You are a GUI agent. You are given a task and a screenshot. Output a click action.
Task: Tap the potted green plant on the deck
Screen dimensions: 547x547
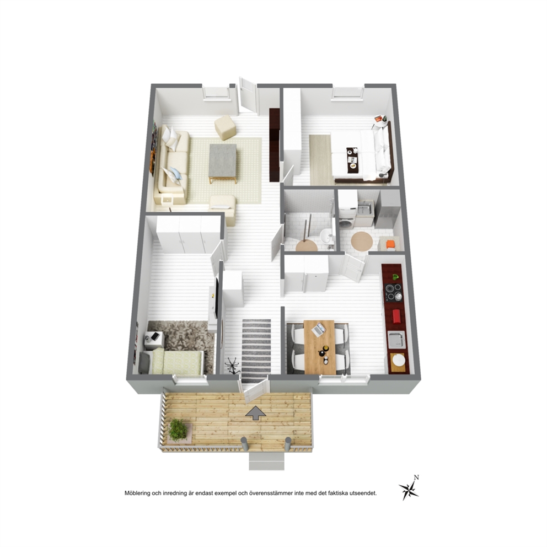pos(178,430)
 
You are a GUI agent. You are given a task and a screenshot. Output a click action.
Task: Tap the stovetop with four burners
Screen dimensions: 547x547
pos(393,292)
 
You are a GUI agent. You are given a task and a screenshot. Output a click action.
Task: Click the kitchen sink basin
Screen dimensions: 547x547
pos(396,340)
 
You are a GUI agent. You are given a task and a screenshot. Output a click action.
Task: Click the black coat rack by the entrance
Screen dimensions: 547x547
pos(232,366)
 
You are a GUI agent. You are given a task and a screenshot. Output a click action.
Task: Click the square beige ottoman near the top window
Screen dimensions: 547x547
pos(225,127)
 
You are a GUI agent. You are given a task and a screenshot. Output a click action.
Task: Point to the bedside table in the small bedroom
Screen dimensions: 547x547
pos(153,340)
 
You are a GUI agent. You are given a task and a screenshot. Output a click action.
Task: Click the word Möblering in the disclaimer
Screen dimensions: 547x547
pos(137,494)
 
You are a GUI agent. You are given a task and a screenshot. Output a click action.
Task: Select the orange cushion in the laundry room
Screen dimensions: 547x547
pos(391,244)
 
